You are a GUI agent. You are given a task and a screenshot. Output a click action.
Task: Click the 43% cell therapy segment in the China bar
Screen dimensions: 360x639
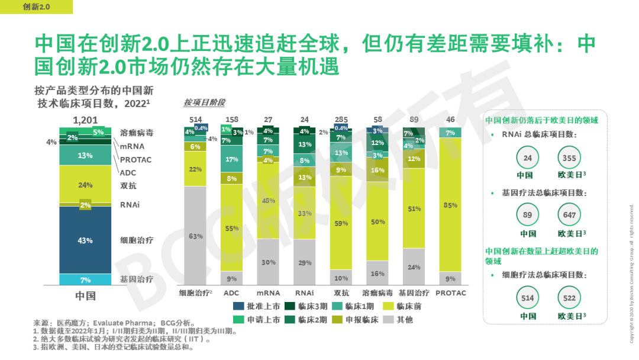click(85, 240)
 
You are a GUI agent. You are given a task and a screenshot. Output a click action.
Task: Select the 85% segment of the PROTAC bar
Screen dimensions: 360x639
click(451, 205)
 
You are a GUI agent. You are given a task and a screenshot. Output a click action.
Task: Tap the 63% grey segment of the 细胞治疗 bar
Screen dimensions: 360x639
click(195, 236)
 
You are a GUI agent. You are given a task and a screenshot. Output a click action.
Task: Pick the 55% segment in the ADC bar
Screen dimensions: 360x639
click(232, 228)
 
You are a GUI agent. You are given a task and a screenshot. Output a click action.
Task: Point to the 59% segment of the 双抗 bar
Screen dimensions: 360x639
click(341, 223)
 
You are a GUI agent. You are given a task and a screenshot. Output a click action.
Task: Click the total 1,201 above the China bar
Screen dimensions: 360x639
click(85, 120)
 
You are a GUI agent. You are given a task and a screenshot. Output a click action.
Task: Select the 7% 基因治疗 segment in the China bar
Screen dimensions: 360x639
click(85, 279)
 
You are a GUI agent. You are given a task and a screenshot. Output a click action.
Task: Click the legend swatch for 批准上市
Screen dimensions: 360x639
click(238, 307)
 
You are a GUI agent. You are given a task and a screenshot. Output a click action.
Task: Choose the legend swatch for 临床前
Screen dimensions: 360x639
click(389, 307)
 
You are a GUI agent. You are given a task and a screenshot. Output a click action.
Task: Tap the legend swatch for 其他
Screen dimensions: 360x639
click(389, 320)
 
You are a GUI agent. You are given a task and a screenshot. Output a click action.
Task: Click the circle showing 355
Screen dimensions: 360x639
click(569, 158)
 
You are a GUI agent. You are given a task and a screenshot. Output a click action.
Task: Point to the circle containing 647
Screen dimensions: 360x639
click(569, 216)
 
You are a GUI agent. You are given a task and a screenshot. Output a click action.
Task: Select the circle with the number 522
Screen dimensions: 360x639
click(569, 298)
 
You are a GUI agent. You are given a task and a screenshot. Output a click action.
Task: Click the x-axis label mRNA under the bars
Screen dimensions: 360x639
click(268, 293)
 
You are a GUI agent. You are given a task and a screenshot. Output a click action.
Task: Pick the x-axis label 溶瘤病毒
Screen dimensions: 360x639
click(377, 293)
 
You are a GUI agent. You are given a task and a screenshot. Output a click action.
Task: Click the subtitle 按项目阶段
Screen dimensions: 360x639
click(204, 102)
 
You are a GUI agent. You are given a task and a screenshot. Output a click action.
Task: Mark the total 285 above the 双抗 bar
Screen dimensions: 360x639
click(341, 120)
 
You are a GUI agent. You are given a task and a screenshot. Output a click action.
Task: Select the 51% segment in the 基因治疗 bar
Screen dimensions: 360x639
click(414, 208)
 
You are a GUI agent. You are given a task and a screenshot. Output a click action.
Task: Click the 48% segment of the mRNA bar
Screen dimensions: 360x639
click(268, 201)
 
